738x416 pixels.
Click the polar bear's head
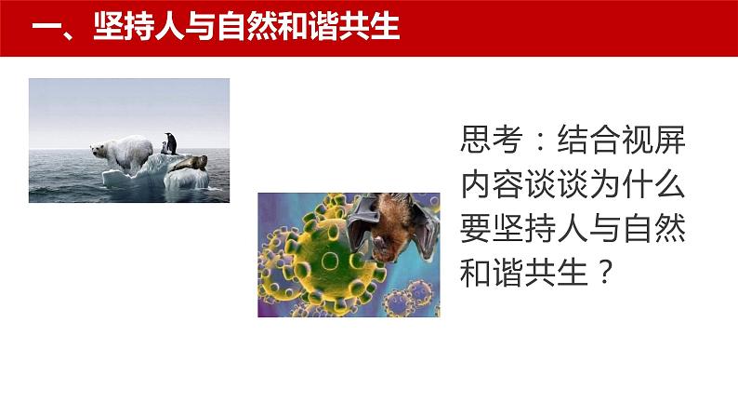(99, 150)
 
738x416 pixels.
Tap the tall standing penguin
(171, 143)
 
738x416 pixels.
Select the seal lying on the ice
(189, 163)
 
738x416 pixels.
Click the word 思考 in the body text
(492, 140)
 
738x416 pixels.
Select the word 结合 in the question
(588, 140)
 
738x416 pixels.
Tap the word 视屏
(653, 140)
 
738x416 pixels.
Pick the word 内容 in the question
(492, 184)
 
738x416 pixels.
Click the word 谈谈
(557, 184)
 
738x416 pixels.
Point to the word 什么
(653, 184)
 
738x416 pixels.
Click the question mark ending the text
(604, 274)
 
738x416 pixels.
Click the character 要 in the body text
(476, 230)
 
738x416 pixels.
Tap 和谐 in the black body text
(492, 274)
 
